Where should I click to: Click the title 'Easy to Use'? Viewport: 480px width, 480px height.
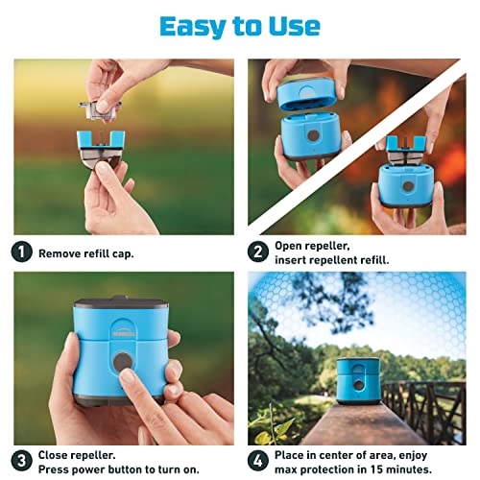pos(239,25)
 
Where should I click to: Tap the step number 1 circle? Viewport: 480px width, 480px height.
pos(21,253)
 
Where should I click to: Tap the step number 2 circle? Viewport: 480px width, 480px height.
pos(256,253)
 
